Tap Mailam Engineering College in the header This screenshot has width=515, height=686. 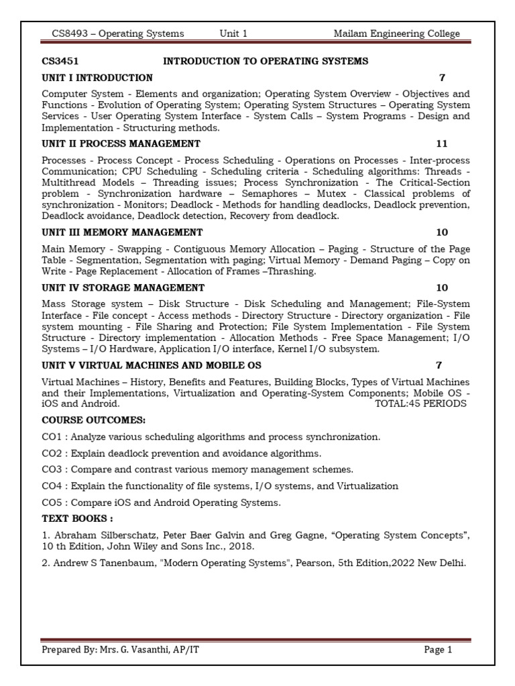tap(396, 34)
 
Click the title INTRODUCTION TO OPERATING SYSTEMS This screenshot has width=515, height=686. tap(266, 61)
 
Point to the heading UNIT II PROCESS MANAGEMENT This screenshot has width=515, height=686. tap(121, 144)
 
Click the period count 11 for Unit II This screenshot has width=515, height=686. tap(441, 144)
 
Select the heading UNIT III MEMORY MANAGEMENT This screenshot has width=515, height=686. tap(122, 232)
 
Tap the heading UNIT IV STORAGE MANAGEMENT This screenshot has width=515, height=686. tap(123, 288)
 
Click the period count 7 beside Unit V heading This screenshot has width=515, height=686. tap(439, 366)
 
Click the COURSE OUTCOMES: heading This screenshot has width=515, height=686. tap(93, 420)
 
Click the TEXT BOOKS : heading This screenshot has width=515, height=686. tap(77, 519)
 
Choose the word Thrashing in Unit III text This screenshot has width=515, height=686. tap(293, 271)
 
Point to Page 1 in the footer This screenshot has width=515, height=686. tap(438, 650)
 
